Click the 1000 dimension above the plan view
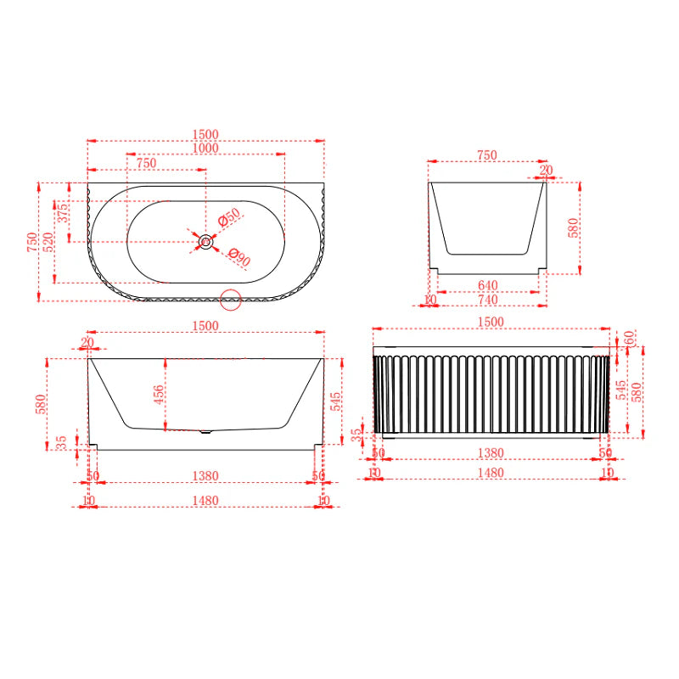tap(205, 148)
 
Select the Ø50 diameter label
tap(230, 217)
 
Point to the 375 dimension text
tap(60, 210)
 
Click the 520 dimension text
tap(49, 242)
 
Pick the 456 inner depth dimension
tap(159, 395)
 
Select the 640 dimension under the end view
tap(487, 285)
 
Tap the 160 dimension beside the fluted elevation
tap(628, 339)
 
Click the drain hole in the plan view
tap(205, 242)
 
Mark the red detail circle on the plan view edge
tap(231, 299)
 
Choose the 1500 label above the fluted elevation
tap(491, 322)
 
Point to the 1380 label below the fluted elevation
tap(491, 453)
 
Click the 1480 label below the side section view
tap(205, 501)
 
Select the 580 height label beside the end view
tap(573, 227)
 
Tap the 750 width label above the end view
tap(486, 155)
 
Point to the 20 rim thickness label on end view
tap(545, 171)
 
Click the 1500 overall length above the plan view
tap(205, 134)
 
